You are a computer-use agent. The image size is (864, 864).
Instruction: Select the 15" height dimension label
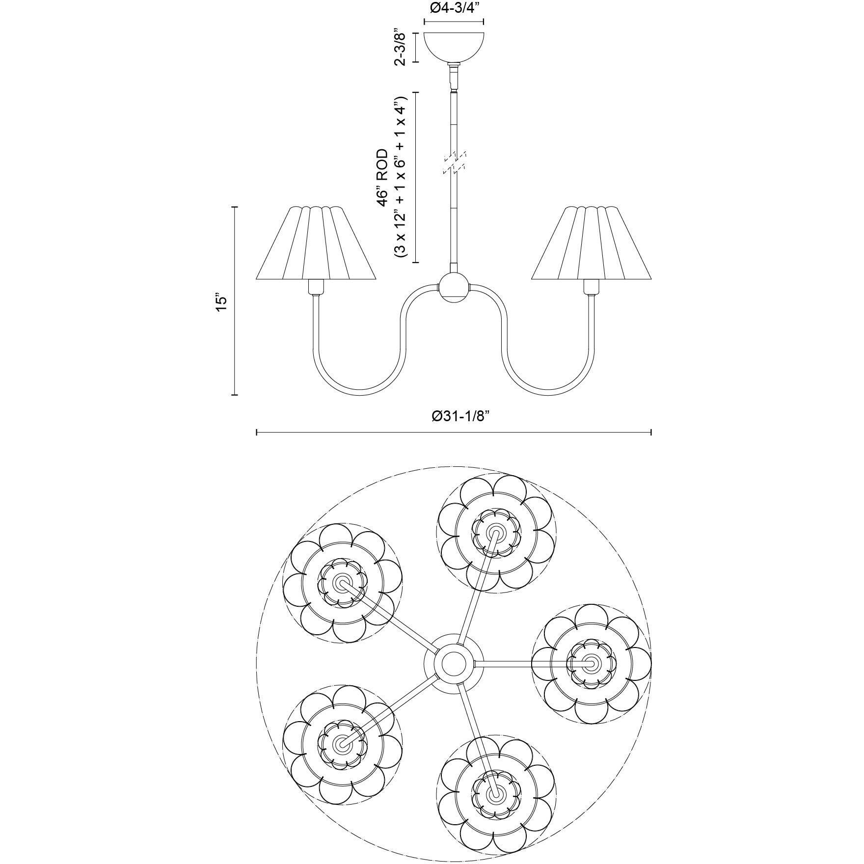pos(221,301)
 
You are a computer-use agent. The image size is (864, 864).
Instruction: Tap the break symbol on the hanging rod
pos(454,162)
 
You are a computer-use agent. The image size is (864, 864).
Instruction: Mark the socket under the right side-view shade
pos(591,287)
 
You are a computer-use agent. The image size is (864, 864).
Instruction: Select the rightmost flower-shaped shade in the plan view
pos(591,664)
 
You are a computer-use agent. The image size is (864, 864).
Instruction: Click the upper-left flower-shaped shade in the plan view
pos(342,583)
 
